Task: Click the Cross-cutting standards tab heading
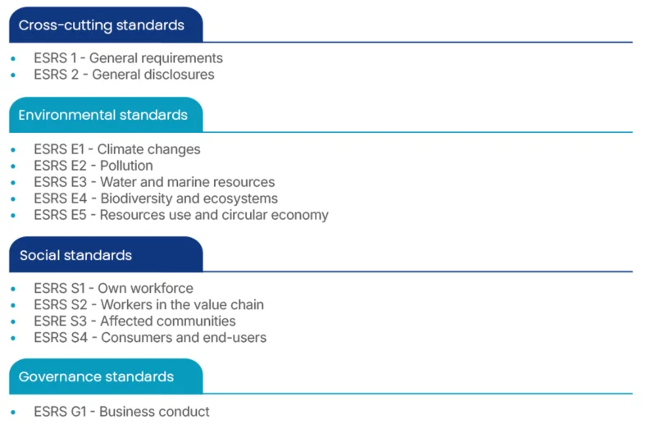point(101,25)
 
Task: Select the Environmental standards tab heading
point(103,115)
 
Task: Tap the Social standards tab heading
point(75,255)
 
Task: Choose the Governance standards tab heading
point(96,377)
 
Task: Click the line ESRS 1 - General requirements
point(128,58)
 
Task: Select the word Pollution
point(126,166)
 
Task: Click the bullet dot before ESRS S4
point(13,338)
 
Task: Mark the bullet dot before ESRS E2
point(13,167)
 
